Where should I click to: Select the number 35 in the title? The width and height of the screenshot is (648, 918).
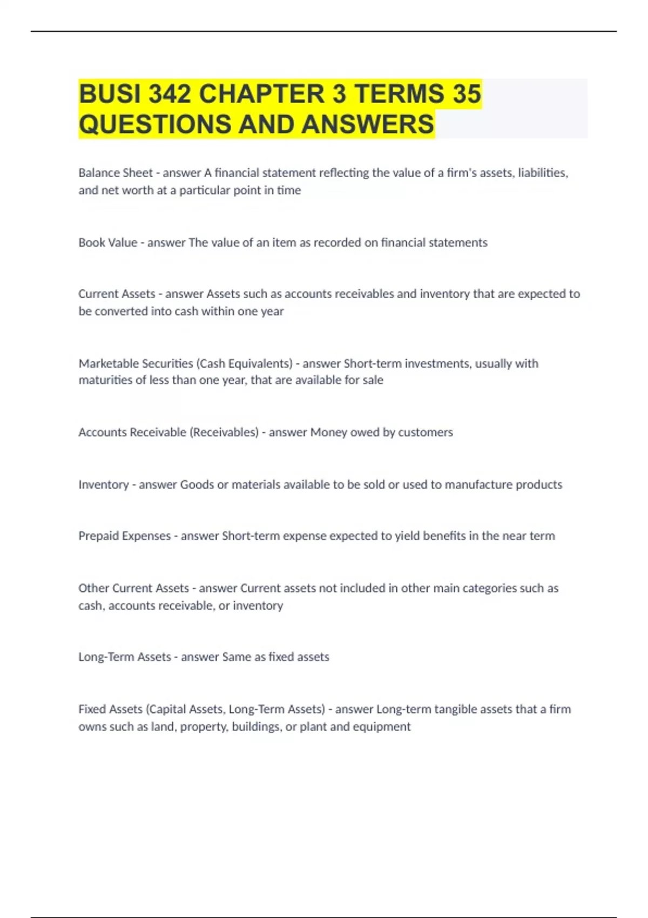click(x=467, y=94)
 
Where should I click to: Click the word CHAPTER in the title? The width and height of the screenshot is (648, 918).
click(x=261, y=94)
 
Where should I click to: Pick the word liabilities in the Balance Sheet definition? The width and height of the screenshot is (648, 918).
click(x=542, y=173)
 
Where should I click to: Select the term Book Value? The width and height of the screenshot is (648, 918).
click(x=107, y=242)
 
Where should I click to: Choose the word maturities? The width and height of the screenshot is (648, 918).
click(x=105, y=380)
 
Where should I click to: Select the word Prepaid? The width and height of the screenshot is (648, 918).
click(x=98, y=536)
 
